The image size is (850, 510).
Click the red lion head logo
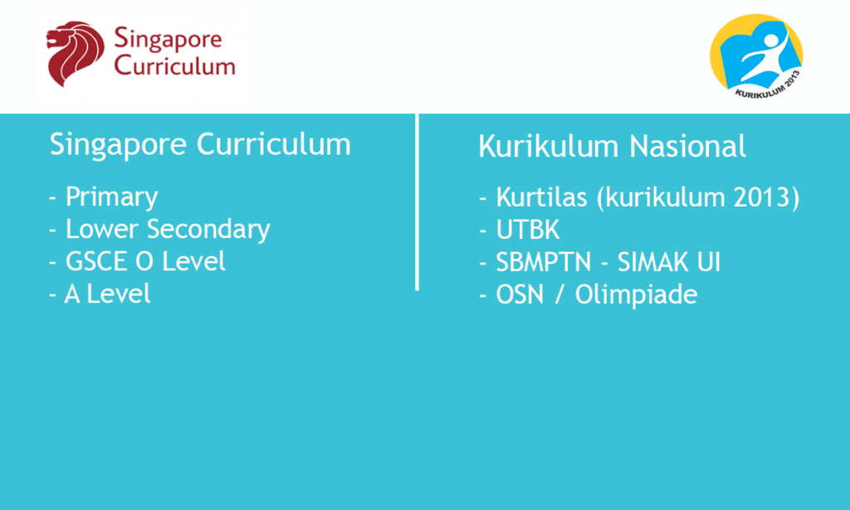tap(75, 54)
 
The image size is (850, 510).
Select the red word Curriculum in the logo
tap(174, 66)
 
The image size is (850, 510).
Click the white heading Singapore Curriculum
tap(200, 145)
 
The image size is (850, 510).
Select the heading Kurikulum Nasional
tap(612, 146)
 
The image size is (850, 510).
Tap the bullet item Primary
tap(111, 197)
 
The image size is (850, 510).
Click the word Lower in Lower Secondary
tap(101, 229)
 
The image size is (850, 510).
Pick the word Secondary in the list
tap(208, 230)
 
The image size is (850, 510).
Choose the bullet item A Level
tap(107, 294)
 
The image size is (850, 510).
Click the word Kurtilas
tap(541, 197)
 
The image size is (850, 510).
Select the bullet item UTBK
tap(527, 230)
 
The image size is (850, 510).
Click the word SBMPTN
tap(544, 263)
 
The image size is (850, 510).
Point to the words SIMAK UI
tap(669, 263)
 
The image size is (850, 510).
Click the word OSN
tap(520, 295)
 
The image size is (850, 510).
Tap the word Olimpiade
tap(636, 295)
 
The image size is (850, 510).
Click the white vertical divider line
tap(417, 202)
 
